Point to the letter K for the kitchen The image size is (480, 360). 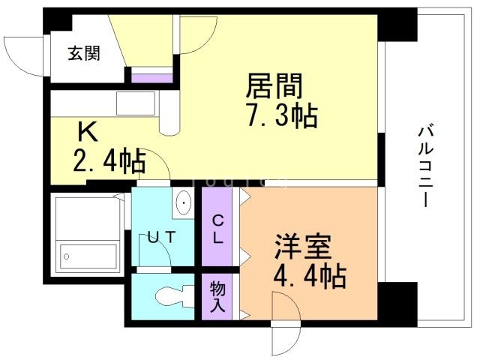(88, 133)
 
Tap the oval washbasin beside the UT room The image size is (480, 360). (184, 203)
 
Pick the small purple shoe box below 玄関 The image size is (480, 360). (151, 76)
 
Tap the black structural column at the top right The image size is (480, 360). (396, 24)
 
